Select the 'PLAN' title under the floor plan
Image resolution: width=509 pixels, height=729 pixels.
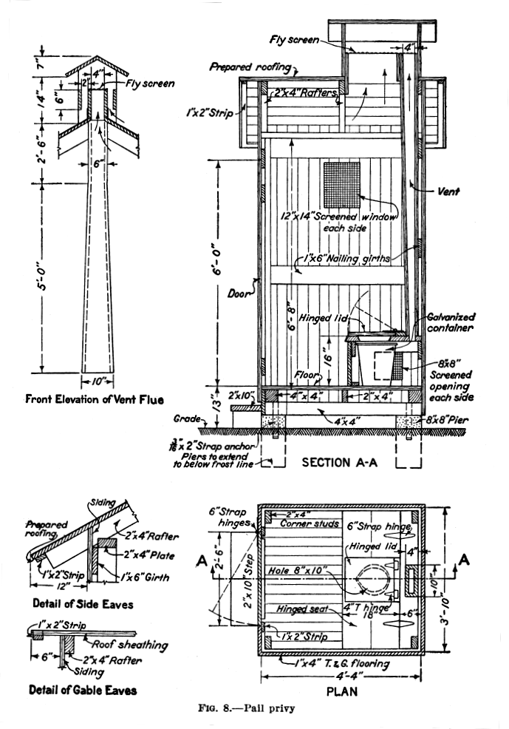(x=342, y=692)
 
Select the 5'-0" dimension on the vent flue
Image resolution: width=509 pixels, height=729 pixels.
(x=45, y=273)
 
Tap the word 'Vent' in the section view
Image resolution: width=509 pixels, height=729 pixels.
(x=448, y=191)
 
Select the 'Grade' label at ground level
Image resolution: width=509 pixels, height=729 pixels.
(x=188, y=420)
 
